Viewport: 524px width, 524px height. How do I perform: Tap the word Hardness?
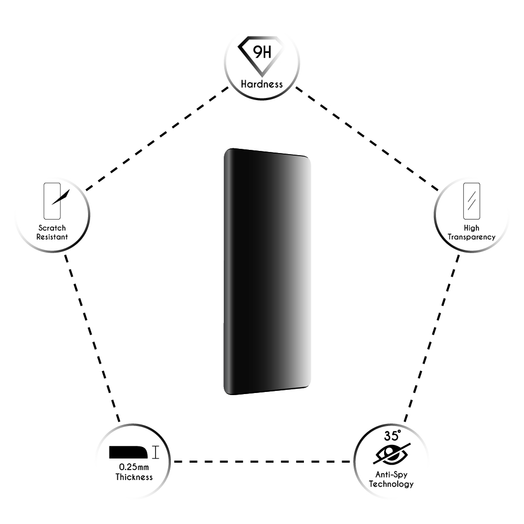[262, 84]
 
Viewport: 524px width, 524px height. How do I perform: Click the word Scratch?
[52, 228]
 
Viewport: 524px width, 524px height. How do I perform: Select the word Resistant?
[52, 237]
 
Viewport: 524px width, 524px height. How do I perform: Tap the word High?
[472, 228]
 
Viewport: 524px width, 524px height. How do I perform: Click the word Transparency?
[472, 237]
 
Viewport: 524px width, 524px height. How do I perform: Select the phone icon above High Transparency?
[472, 200]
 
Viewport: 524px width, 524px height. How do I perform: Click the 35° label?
[392, 435]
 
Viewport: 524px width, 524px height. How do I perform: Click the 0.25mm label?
[134, 467]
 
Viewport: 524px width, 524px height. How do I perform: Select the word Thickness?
[134, 477]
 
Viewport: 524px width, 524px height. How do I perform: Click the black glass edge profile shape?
[128, 452]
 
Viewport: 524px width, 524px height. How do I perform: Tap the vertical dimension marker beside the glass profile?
[155, 452]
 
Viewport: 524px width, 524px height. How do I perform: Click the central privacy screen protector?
[267, 271]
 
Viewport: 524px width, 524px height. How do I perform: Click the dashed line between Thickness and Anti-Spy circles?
[262, 462]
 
